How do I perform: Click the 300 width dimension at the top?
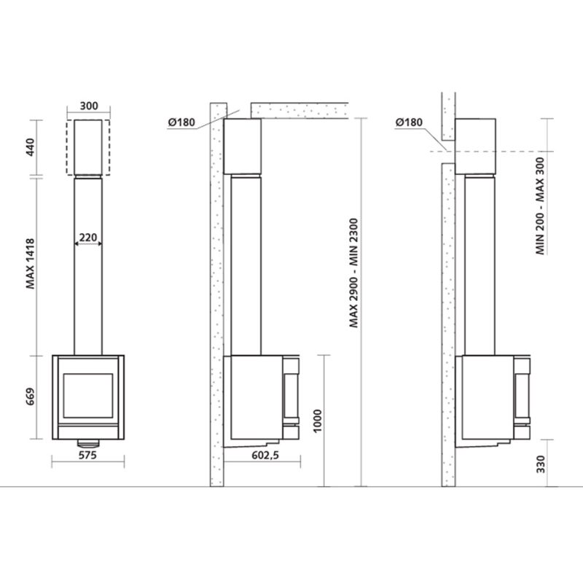click(x=88, y=106)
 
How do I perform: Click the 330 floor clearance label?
click(x=540, y=465)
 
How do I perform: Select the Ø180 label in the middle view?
click(x=181, y=122)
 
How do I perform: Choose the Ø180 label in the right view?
click(x=410, y=122)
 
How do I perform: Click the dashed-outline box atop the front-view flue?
click(x=88, y=148)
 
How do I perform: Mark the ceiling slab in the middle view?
click(x=299, y=111)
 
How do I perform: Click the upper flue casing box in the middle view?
click(x=242, y=146)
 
